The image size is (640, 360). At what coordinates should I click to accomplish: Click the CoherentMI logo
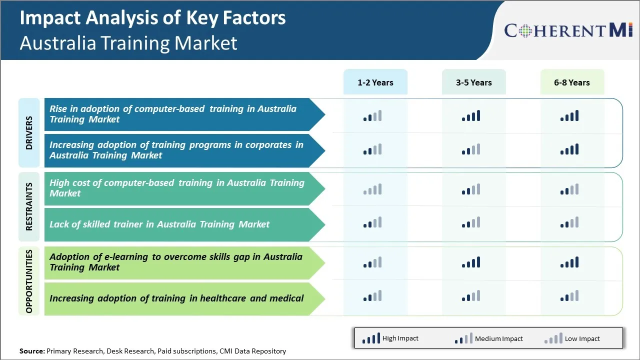click(x=568, y=30)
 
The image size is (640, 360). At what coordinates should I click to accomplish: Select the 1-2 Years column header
click(x=375, y=82)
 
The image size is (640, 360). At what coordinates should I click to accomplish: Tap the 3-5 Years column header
click(x=473, y=82)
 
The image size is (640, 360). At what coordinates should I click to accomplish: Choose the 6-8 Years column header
click(x=571, y=82)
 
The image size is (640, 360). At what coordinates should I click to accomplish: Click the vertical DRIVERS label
click(x=29, y=133)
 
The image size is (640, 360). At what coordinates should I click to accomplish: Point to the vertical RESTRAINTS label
click(x=29, y=206)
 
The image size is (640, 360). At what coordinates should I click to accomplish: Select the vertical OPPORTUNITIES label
click(x=29, y=281)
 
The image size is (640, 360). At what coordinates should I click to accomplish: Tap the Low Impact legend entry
click(x=572, y=338)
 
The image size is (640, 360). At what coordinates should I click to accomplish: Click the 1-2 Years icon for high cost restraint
click(x=372, y=189)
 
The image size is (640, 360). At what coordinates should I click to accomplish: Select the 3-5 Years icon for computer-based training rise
click(x=471, y=116)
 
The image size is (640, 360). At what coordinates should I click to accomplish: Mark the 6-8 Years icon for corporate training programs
click(x=569, y=149)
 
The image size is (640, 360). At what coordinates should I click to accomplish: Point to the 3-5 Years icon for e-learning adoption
click(x=471, y=262)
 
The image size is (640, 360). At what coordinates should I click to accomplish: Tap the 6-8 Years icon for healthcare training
click(x=569, y=296)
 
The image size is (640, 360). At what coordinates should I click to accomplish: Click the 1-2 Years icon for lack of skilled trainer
click(x=372, y=222)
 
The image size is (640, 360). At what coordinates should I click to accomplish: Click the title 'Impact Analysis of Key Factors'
click(x=152, y=18)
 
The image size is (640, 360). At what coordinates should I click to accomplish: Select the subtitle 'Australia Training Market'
click(x=128, y=43)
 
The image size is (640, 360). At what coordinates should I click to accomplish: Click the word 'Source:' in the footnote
click(x=32, y=351)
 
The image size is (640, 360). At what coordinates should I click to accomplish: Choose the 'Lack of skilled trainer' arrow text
click(x=159, y=224)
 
